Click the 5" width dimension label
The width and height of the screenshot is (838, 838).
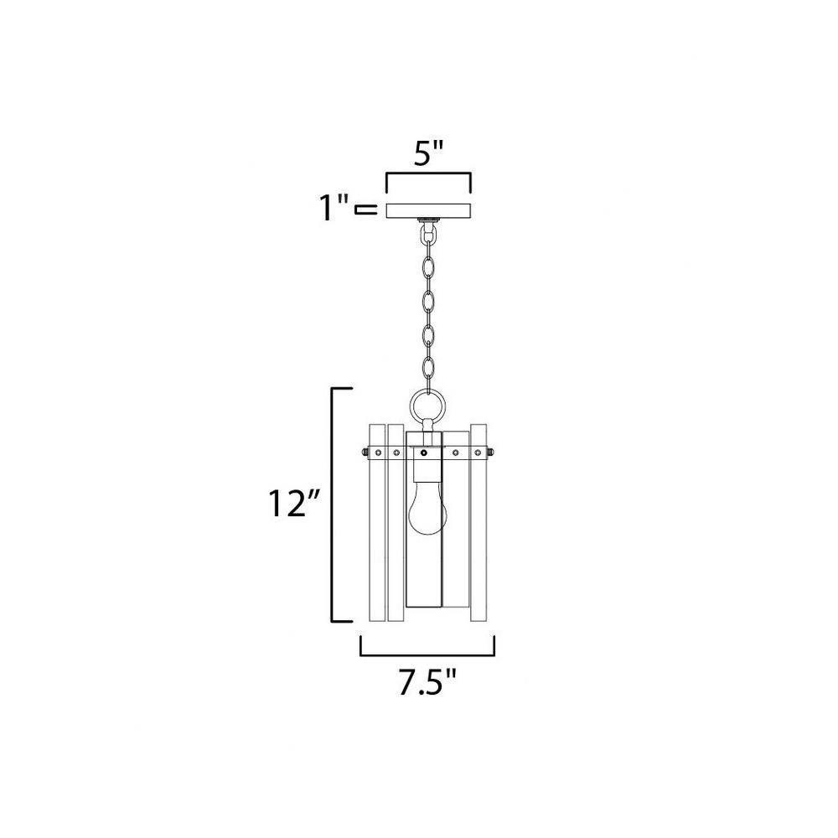click(x=428, y=154)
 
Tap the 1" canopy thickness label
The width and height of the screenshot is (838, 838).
click(x=334, y=208)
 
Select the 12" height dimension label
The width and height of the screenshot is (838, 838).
click(x=293, y=504)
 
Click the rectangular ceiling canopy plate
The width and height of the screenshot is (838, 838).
click(x=428, y=210)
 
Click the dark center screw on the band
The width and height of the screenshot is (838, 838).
click(x=424, y=453)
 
